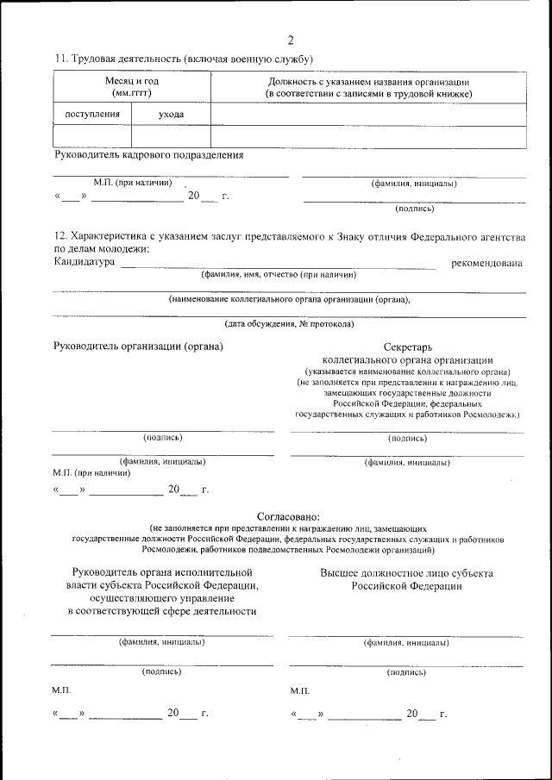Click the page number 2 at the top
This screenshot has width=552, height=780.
290,40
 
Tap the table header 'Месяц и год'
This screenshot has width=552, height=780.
131,80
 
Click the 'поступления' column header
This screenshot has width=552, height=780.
92,114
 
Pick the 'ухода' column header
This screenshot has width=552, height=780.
171,114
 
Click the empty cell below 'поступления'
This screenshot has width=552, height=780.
92,136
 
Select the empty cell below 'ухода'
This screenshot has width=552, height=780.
171,136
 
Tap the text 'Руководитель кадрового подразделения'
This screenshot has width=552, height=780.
148,155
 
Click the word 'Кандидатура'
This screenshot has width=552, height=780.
85,262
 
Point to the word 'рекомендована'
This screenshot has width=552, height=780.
486,262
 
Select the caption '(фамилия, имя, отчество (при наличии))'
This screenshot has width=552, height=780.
279,274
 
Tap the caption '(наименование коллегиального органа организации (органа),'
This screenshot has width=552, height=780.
290,299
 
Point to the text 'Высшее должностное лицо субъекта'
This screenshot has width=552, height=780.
406,572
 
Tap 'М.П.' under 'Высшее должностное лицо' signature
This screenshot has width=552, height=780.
300,691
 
